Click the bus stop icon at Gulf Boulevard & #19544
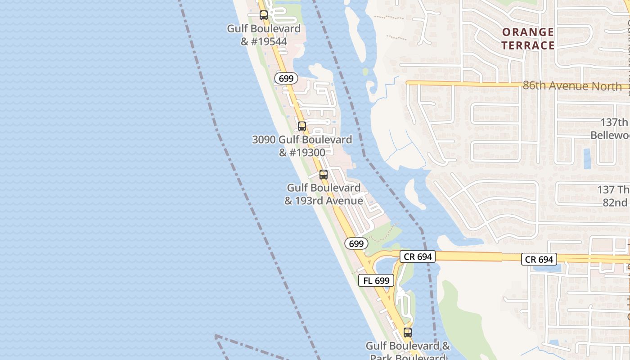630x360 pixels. [x=264, y=15]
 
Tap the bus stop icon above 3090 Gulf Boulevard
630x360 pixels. [x=302, y=126]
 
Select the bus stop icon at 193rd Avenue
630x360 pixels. [x=323, y=175]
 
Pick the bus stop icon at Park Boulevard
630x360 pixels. [x=408, y=333]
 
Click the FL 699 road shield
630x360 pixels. [x=376, y=281]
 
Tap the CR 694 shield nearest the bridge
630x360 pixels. [x=418, y=256]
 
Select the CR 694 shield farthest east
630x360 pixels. [x=539, y=259]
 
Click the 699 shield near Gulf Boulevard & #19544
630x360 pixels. [x=286, y=78]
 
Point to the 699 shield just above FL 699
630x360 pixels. [x=356, y=244]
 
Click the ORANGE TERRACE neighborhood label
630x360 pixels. [x=528, y=39]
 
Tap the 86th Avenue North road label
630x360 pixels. [x=572, y=86]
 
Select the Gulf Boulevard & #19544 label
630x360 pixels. [x=264, y=35]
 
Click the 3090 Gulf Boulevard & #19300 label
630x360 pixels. [x=302, y=146]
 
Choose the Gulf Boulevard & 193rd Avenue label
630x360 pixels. [x=324, y=194]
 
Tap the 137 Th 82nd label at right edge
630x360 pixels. [x=614, y=196]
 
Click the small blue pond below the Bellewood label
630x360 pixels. [x=587, y=158]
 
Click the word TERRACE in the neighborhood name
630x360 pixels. [x=528, y=45]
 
